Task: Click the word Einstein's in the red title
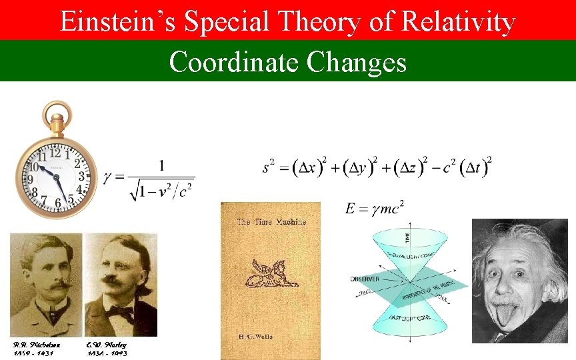coord(117,22)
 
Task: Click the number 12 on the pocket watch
coord(55,153)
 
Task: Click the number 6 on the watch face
coord(59,201)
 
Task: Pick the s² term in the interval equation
coord(269,166)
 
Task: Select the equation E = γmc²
coord(374,209)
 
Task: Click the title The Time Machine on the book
coord(272,221)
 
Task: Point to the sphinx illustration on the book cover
coord(271,273)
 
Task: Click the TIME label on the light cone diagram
coord(408,236)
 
